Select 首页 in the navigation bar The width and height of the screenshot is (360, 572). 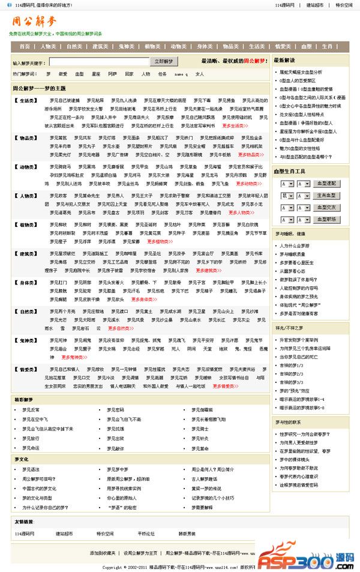[x=25, y=46]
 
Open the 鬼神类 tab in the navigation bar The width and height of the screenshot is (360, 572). [x=126, y=46]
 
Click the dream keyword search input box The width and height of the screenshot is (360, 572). [x=99, y=61]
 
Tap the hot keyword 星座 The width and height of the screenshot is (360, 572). [x=96, y=74]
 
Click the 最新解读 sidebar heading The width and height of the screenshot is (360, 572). [x=284, y=61]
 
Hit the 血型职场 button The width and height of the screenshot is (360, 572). [x=326, y=220]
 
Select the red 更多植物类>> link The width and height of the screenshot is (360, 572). [x=159, y=241]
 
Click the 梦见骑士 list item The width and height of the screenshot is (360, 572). [x=200, y=429]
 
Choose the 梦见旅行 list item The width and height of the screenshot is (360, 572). [x=31, y=438]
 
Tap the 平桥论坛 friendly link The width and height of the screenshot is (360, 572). [x=146, y=533]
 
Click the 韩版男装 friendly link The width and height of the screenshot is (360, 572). [x=187, y=533]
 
